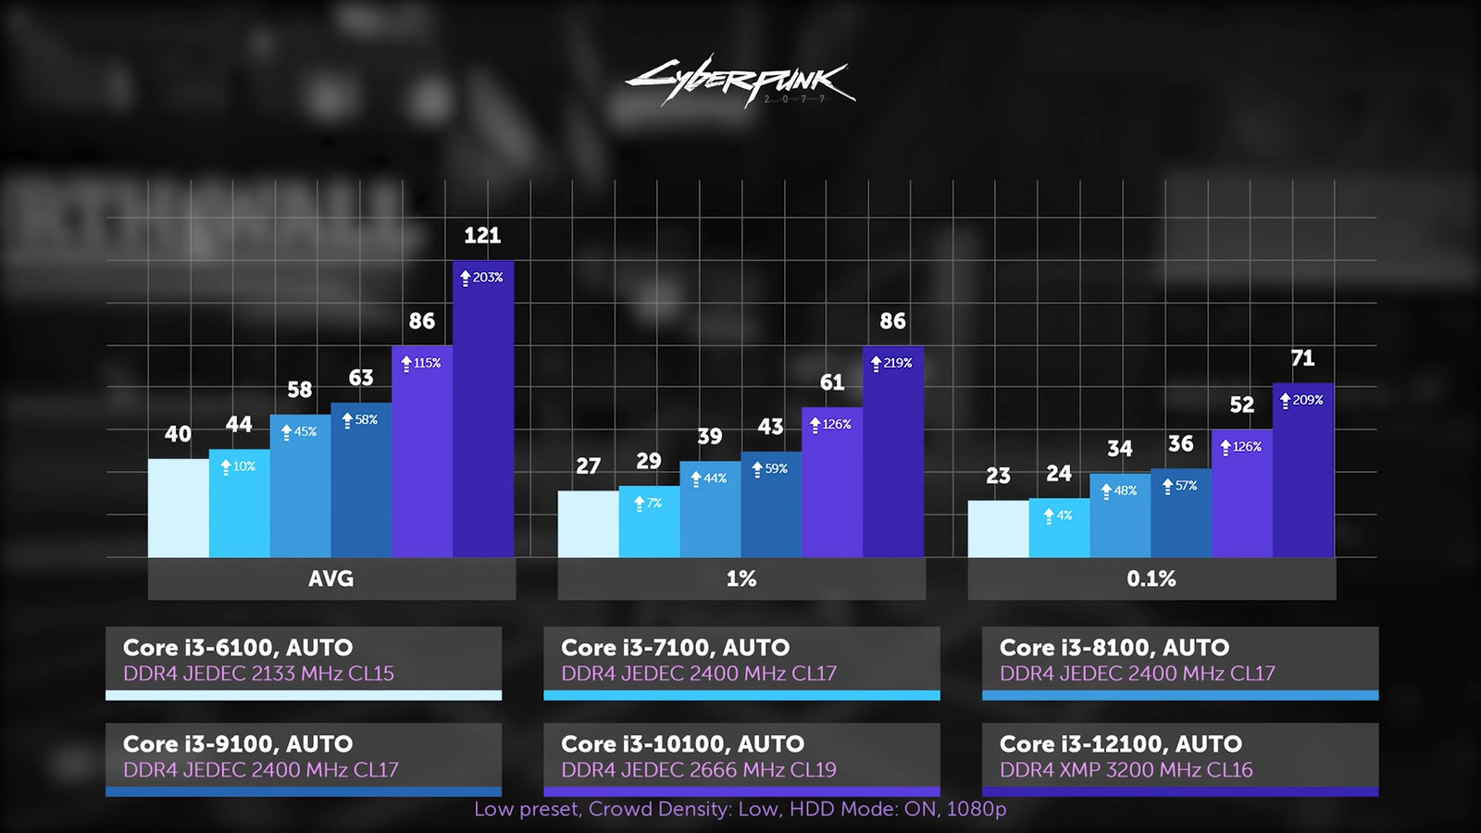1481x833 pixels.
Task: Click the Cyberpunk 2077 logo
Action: (740, 81)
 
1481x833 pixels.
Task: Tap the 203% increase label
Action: (482, 278)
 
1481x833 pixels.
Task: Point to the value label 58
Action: (299, 390)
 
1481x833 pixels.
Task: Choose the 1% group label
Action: (741, 579)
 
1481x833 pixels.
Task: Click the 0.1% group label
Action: (1151, 579)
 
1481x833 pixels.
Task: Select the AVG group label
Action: (330, 579)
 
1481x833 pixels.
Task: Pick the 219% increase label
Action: (892, 364)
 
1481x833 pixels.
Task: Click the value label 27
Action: (589, 466)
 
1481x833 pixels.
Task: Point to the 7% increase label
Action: (648, 504)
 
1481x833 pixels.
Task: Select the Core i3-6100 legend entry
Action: (304, 661)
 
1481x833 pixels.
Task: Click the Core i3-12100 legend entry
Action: (1180, 757)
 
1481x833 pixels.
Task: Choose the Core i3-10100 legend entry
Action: (741, 757)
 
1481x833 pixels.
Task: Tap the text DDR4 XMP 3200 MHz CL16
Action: (1126, 770)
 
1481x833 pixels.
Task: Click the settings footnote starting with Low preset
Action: (740, 809)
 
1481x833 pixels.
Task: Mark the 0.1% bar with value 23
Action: (998, 528)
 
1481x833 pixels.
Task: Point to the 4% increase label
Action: (1058, 516)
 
